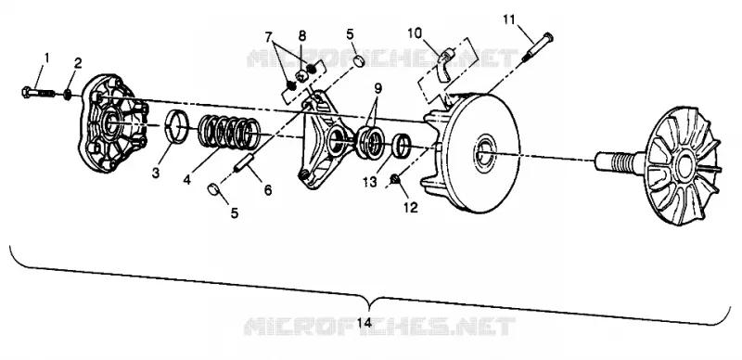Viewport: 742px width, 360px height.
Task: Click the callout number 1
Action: [46, 58]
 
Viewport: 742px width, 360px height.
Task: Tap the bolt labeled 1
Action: [39, 92]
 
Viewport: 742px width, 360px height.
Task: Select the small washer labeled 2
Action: [68, 94]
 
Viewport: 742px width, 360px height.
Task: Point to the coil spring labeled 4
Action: [228, 132]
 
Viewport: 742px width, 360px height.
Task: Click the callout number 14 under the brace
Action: [364, 323]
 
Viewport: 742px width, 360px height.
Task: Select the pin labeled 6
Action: [245, 162]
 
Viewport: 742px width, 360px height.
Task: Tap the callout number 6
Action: [268, 190]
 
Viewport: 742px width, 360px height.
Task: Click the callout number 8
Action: [302, 35]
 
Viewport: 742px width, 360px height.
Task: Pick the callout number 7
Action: [268, 36]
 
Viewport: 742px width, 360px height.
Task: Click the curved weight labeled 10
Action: [445, 65]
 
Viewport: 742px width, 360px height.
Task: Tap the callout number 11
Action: [508, 19]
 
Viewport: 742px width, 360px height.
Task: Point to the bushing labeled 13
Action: [403, 145]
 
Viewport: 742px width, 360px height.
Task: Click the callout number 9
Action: [377, 88]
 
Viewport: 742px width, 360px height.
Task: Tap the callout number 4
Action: [187, 179]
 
